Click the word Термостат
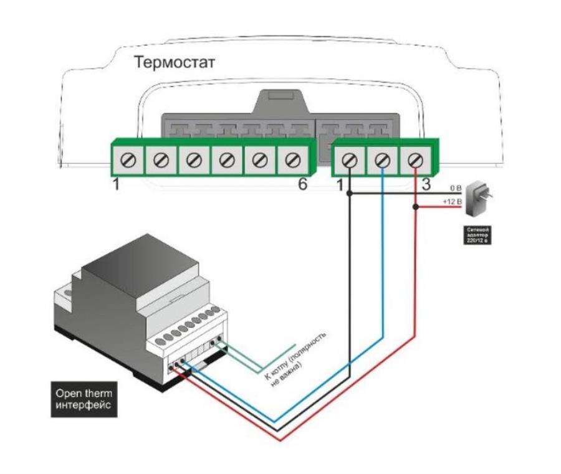(x=174, y=62)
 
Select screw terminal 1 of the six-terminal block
(x=128, y=160)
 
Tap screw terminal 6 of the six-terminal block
(x=290, y=160)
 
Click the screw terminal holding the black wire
(x=350, y=160)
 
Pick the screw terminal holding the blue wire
(x=383, y=160)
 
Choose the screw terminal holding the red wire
(x=415, y=160)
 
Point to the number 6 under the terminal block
(x=302, y=185)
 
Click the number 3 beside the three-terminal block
(x=426, y=185)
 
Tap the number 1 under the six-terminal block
(x=116, y=185)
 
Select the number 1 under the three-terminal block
(x=340, y=185)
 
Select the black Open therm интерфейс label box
(x=85, y=399)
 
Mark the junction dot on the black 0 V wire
(x=350, y=194)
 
